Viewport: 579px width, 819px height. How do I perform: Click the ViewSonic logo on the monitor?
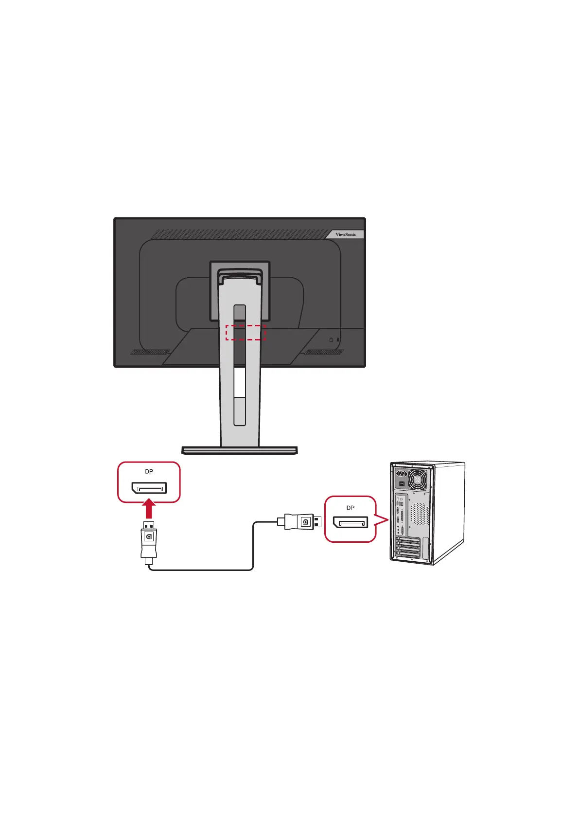pos(346,234)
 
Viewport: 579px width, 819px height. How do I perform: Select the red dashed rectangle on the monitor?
pos(246,333)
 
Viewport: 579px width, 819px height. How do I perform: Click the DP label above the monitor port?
pos(149,472)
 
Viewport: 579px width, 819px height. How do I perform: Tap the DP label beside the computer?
pos(351,508)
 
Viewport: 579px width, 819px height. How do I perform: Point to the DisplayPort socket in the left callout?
pos(149,488)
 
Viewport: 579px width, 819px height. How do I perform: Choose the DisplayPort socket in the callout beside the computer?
pos(351,523)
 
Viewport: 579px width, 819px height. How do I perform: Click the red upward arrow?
pos(150,510)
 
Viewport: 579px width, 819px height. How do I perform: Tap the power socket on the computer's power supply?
pos(402,473)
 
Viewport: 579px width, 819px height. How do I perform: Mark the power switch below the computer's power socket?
pos(401,484)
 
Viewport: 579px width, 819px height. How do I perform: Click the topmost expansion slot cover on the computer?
pos(408,541)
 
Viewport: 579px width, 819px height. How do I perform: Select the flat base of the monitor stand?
pos(239,450)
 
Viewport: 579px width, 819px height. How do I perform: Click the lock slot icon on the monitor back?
pos(331,340)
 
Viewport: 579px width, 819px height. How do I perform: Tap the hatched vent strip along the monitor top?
pos(243,234)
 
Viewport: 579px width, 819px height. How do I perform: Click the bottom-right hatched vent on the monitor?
pos(323,352)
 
